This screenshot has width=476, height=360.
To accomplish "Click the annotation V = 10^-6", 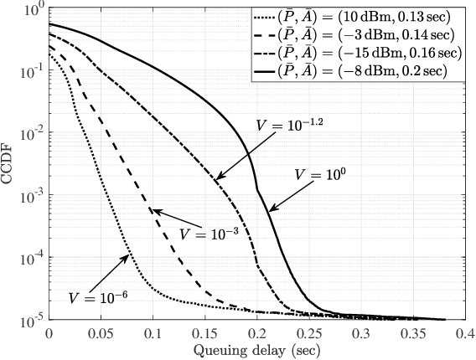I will click(x=93, y=296).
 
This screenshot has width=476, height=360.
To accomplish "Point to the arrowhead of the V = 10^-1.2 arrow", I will click(x=215, y=179).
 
